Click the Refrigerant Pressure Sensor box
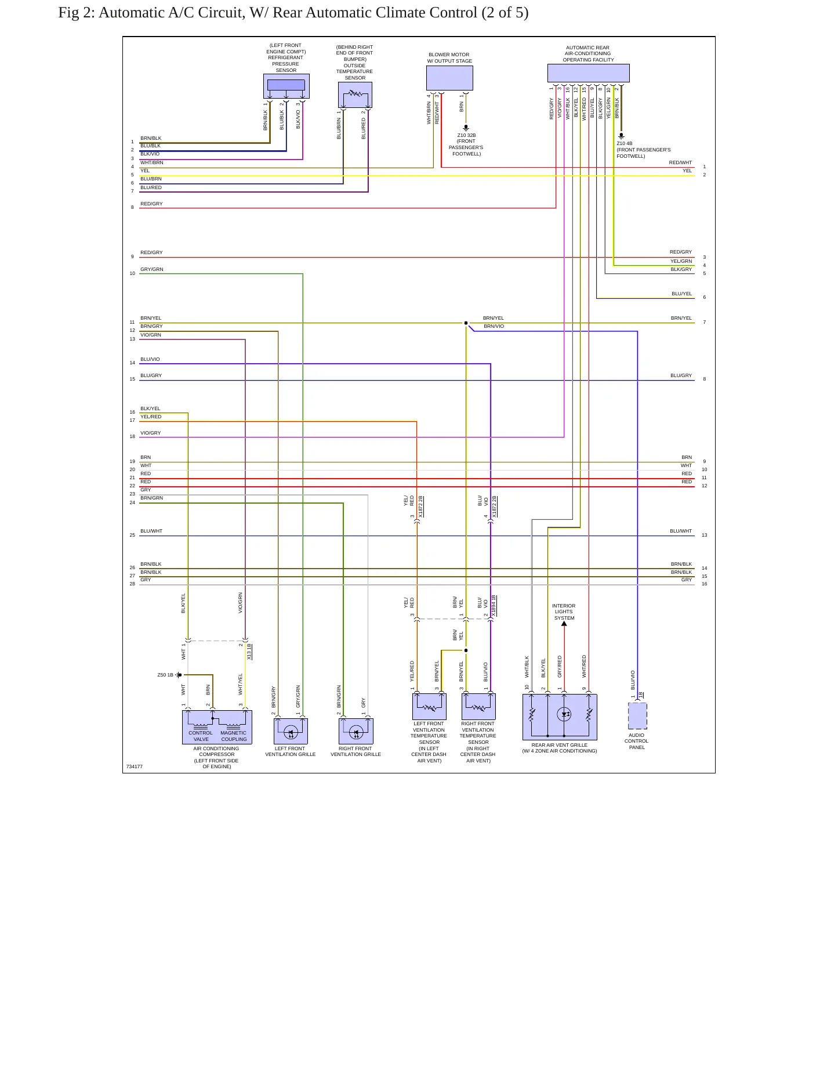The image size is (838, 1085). pos(286,86)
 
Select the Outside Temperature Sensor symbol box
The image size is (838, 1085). pos(355,95)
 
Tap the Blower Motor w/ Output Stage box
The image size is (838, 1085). pos(449,78)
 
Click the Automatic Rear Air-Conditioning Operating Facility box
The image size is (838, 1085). pos(588,73)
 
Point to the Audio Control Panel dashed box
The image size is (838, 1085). pos(637,716)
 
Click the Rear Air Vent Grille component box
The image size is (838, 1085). pos(560,717)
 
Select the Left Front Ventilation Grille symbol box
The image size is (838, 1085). pos(291,731)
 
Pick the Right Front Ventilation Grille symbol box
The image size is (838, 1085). pos(356,731)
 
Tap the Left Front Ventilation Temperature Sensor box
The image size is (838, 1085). pos(429,707)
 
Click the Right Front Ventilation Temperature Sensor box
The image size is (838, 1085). pos(478,707)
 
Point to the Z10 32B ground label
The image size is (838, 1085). pos(466,135)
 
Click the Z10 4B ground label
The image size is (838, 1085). pos(625,143)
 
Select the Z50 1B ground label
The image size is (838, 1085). pos(165,675)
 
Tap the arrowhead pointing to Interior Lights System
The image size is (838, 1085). pos(564,624)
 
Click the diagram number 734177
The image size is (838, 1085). pos(135,766)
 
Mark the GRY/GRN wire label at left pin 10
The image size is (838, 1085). pos(152,269)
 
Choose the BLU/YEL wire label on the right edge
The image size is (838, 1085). pos(682,294)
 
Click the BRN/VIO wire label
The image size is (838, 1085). pos(494,326)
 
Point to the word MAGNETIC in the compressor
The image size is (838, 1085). pos(233,733)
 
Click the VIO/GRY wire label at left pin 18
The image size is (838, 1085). pos(151,433)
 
